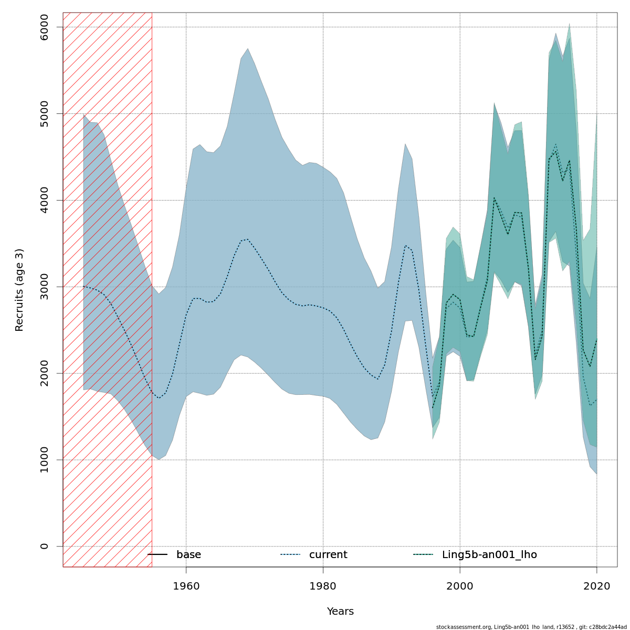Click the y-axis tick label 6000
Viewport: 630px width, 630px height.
coord(44,27)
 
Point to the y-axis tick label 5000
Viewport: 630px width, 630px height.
coord(44,113)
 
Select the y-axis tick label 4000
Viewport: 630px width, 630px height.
coord(44,200)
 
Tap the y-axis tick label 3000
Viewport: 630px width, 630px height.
coord(44,287)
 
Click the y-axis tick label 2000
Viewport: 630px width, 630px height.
coord(44,373)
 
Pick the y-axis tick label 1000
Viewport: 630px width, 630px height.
coord(44,460)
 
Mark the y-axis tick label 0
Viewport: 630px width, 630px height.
coord(44,546)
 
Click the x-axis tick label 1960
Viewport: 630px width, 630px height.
coord(186,586)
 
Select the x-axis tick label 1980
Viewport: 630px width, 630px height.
coord(323,586)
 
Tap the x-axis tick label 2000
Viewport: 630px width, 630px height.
coord(460,586)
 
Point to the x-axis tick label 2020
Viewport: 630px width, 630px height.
coord(597,586)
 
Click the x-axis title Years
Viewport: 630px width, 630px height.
coord(340,612)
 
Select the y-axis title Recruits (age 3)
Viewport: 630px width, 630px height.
coord(19,290)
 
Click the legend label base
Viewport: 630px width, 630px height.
coord(188,555)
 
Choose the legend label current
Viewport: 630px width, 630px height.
coord(328,555)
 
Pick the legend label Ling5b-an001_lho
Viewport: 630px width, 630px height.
coord(489,555)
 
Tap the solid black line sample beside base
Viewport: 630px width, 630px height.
coord(157,555)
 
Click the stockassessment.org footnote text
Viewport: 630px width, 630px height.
coord(531,627)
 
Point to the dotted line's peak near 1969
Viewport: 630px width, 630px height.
coord(247,239)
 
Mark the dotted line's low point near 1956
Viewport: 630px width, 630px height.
coord(159,398)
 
